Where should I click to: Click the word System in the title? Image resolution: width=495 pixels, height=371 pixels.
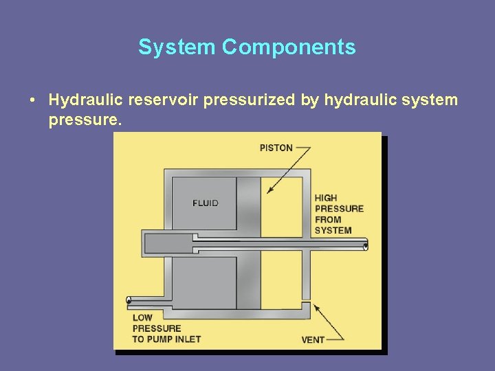tap(177, 47)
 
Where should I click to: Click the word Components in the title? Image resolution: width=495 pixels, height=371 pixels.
tap(289, 47)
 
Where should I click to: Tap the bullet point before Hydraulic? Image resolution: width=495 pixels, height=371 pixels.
tap(33, 100)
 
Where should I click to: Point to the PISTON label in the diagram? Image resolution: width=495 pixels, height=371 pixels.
tap(276, 148)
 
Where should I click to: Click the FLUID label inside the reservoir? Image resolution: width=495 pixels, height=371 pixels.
tap(206, 203)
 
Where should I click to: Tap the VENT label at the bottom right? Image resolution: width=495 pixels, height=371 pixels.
tap(313, 339)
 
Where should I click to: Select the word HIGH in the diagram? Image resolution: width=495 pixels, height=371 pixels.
tap(326, 198)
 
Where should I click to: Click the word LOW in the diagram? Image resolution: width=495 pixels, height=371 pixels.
tap(143, 317)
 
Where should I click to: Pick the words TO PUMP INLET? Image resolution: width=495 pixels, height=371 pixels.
tap(166, 339)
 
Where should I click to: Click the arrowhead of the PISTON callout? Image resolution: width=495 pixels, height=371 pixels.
tap(269, 191)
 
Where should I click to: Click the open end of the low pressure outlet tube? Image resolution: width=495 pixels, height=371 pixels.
tap(129, 300)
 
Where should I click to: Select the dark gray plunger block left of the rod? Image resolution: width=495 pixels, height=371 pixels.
tap(168, 243)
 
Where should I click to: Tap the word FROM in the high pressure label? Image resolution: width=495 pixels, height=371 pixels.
tap(328, 220)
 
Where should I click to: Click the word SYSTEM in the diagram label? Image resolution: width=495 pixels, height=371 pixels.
tap(333, 231)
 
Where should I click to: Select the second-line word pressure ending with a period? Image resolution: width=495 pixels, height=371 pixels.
tap(85, 121)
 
